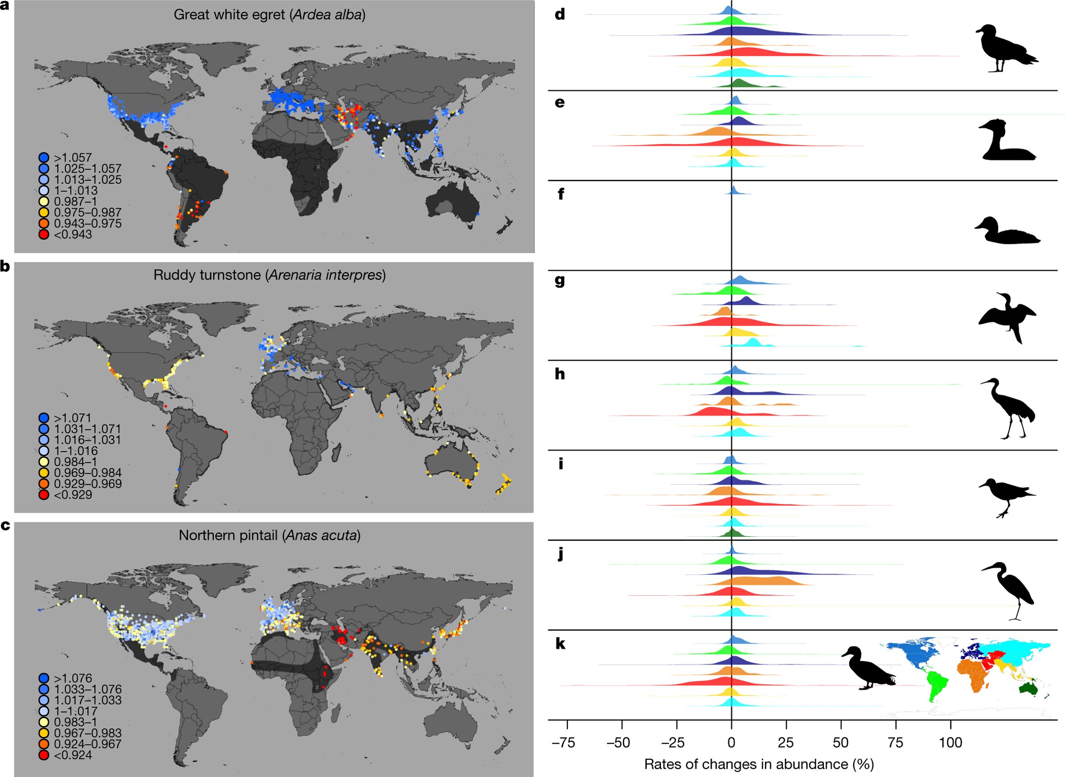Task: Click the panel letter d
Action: [x=560, y=14]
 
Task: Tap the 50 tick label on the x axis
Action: [x=841, y=742]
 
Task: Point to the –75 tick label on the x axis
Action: [x=564, y=742]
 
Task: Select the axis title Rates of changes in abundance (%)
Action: [x=759, y=764]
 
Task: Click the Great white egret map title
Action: [x=270, y=15]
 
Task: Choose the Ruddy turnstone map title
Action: [x=270, y=275]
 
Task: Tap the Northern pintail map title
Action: [x=270, y=535]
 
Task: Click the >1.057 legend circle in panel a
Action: [x=44, y=157]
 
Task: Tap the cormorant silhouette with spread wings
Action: [x=1007, y=317]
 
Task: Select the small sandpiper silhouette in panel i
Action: [x=1006, y=496]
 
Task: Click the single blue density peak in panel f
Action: [x=734, y=191]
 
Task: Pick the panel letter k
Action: [x=560, y=644]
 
